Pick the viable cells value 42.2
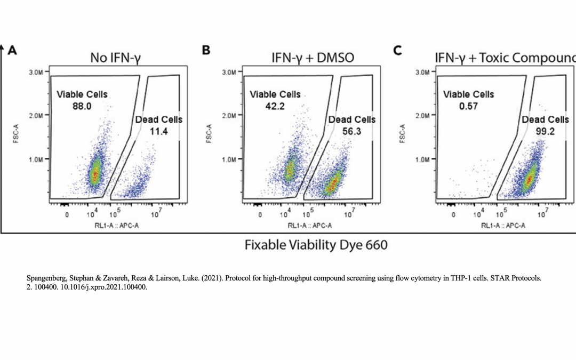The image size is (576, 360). (275, 106)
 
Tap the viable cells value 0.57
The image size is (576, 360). (468, 106)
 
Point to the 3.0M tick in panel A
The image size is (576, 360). (36, 73)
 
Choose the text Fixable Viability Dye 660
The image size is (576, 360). (316, 245)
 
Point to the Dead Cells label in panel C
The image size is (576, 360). (545, 119)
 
